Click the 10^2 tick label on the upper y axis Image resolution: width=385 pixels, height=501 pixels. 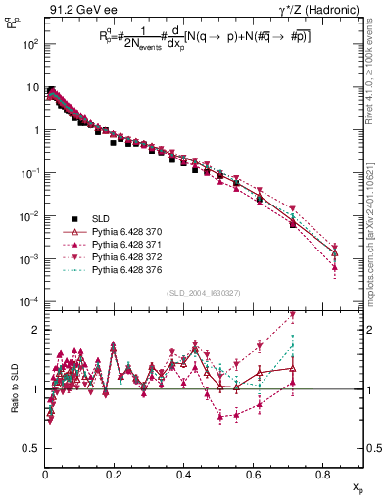[29, 45]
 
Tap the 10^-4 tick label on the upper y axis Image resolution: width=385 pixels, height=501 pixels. [29, 301]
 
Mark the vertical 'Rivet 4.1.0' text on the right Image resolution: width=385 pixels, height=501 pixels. [376, 98]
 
